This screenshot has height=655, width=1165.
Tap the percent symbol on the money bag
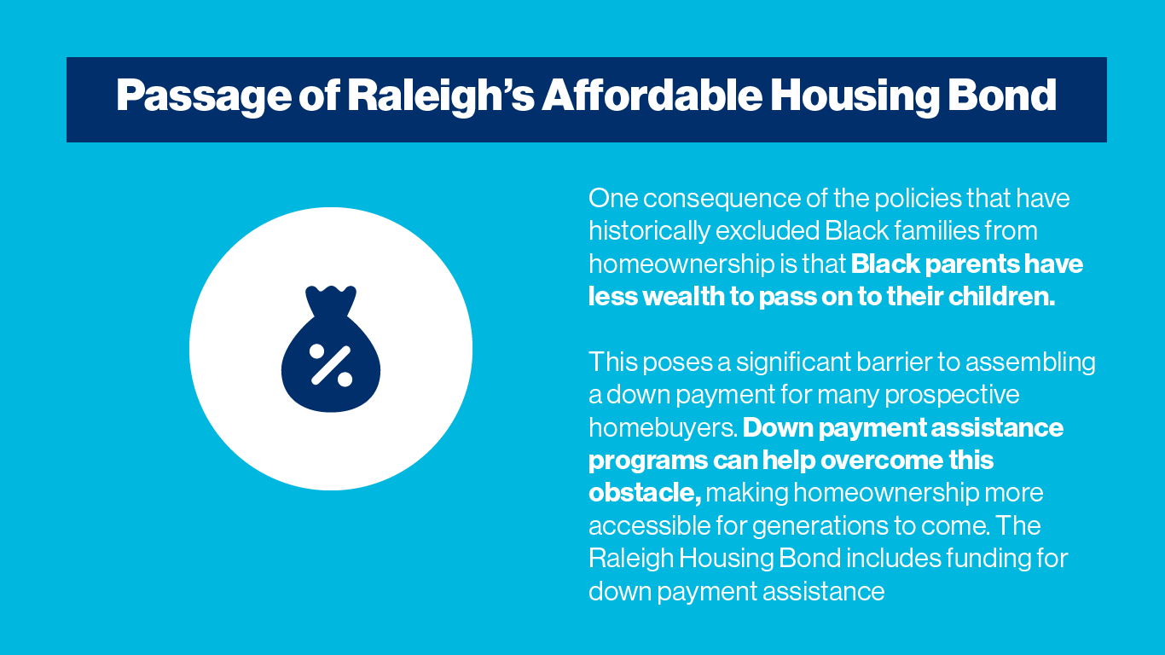331,365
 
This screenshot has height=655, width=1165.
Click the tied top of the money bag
330,300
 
